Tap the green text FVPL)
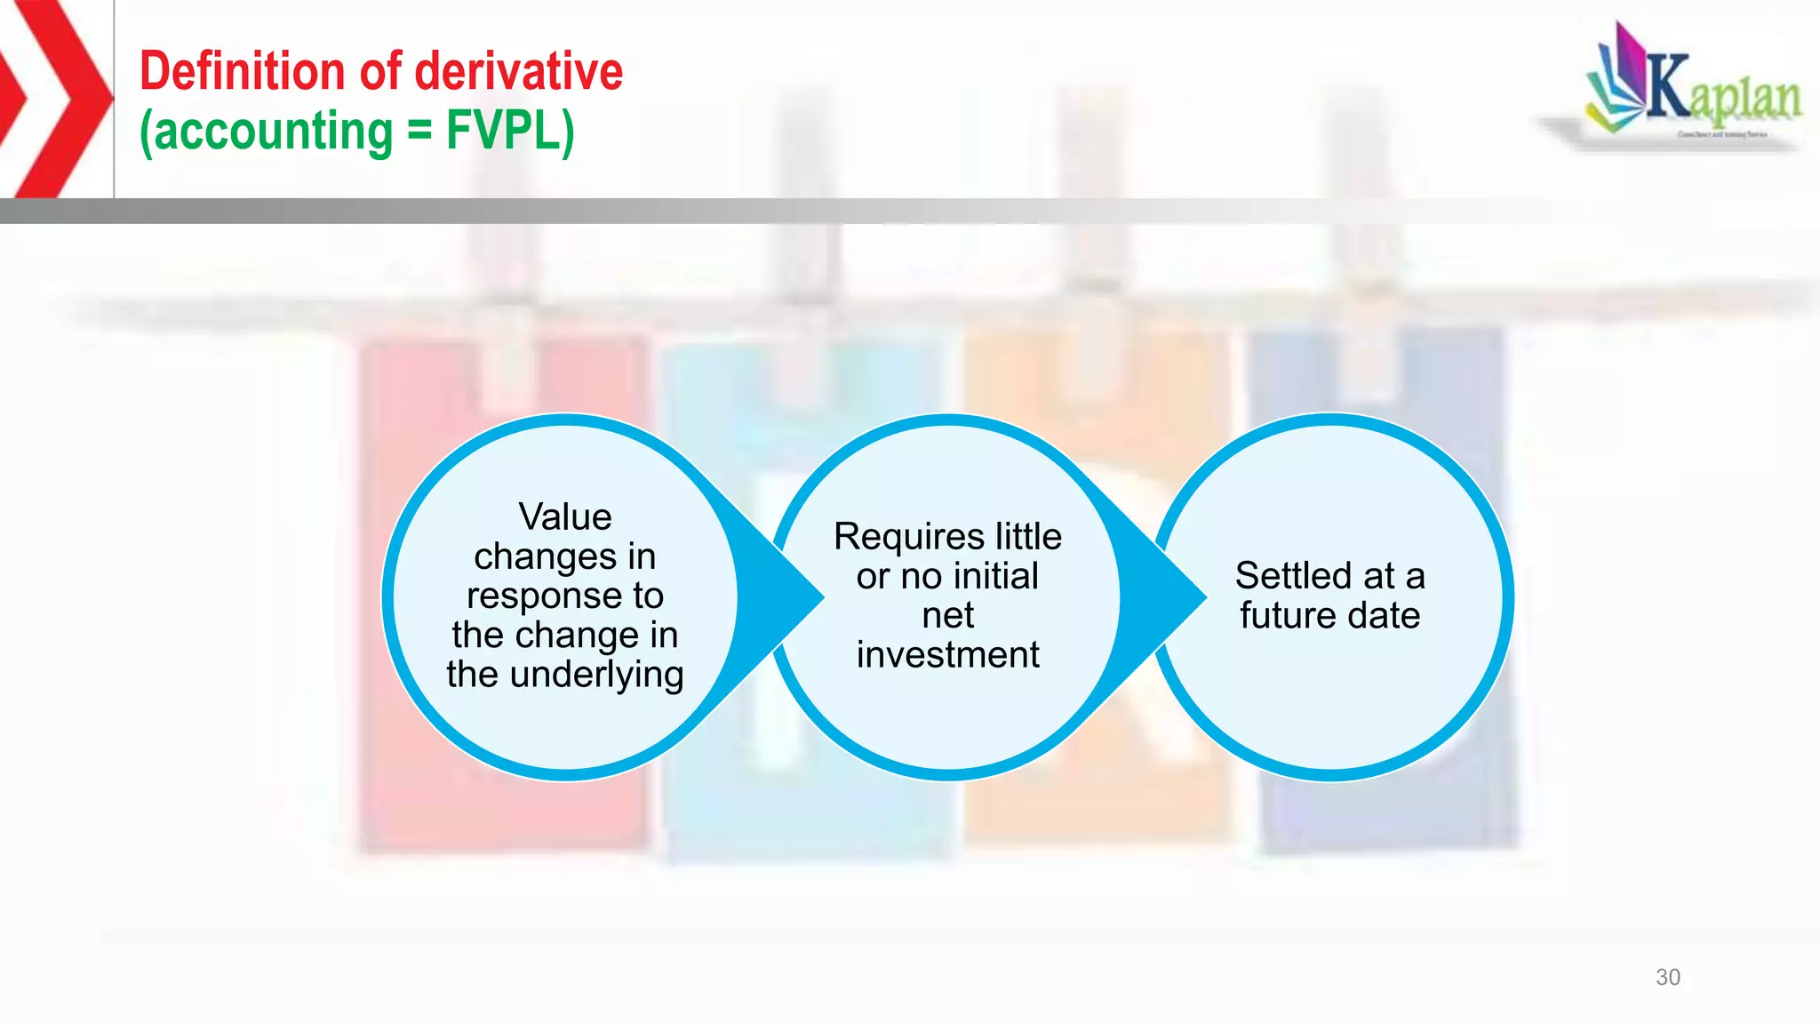510,131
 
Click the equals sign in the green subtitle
419,132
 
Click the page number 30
1667,977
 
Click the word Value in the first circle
565,516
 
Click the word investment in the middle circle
947,655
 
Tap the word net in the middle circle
947,615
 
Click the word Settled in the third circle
1289,576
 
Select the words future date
1329,615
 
